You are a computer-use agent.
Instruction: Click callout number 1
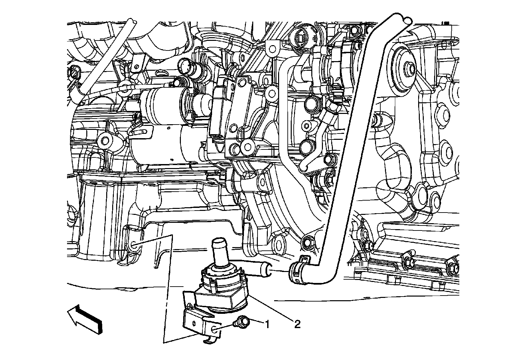tap(267, 324)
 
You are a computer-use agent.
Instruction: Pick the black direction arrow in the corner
tap(85, 319)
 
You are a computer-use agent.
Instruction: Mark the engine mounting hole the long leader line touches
tap(134, 244)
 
